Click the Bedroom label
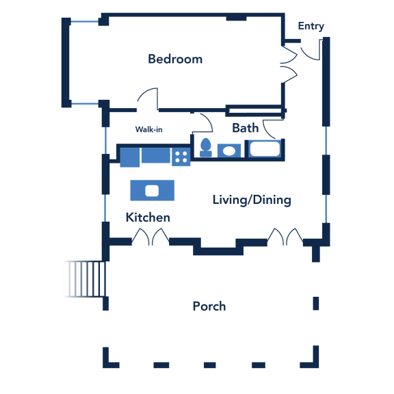[175, 59]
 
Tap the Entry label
[311, 26]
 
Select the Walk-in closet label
[148, 129]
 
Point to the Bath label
[246, 128]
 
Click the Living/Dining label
[252, 200]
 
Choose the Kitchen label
[148, 218]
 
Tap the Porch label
[209, 306]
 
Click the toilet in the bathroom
[206, 148]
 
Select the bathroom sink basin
[229, 151]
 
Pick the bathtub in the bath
[265, 148]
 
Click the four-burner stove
[181, 157]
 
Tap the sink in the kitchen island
[152, 190]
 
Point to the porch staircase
[85, 279]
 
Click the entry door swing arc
[306, 57]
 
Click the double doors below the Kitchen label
[150, 237]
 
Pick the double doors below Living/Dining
[285, 237]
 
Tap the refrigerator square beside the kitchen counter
[130, 157]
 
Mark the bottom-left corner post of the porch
[111, 358]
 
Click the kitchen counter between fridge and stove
[156, 155]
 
